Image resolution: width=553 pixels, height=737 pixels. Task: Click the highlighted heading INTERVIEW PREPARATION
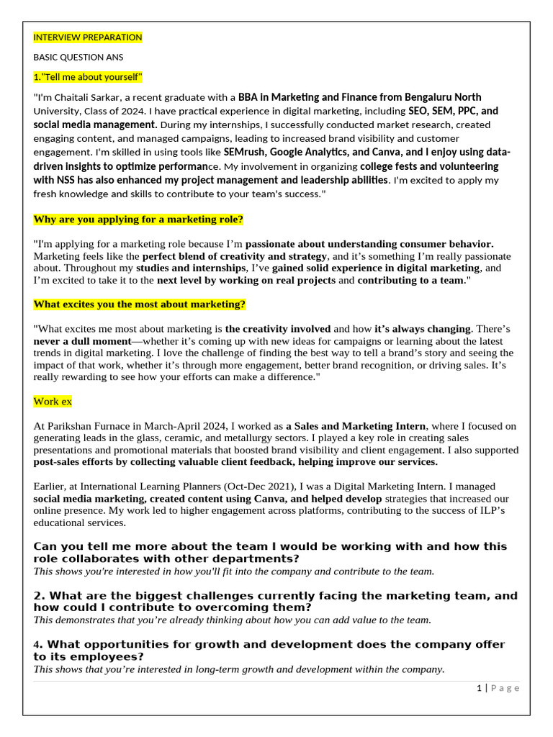point(88,37)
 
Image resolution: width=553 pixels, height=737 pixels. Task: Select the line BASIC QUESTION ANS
point(78,57)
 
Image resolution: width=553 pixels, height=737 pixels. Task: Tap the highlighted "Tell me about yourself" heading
point(88,77)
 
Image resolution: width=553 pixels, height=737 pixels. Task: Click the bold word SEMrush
point(245,153)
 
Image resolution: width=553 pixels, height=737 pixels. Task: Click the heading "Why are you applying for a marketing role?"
point(138,219)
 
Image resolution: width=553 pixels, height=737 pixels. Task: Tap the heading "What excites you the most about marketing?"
point(140,304)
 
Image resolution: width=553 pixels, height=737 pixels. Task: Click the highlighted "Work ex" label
point(53,401)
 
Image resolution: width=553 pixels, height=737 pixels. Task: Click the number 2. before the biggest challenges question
point(40,596)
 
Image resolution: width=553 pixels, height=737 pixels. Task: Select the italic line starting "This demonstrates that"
point(232,620)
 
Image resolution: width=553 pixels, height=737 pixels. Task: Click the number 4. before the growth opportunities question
point(38,644)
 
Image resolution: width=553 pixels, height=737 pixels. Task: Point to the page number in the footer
point(479,688)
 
